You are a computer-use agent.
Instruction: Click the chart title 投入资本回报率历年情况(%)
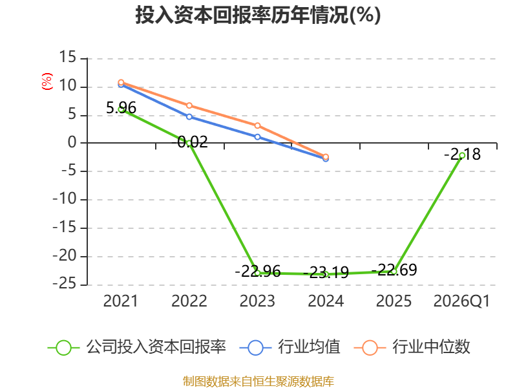point(258,15)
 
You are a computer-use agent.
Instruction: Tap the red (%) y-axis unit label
point(47,81)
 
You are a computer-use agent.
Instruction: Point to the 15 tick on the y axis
point(68,57)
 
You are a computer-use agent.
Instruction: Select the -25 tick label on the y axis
point(65,284)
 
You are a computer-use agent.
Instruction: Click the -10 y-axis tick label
point(65,199)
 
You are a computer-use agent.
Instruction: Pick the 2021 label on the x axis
point(120,301)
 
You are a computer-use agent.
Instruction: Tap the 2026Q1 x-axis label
point(461,301)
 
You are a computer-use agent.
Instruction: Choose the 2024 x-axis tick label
point(326,301)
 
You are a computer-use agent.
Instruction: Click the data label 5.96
point(121,108)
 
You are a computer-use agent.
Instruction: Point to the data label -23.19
point(326,273)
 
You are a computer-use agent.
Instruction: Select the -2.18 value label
point(462,155)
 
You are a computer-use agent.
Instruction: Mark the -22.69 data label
point(394,270)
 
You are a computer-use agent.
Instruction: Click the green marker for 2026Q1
point(462,155)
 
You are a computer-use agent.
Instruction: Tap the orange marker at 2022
point(189,105)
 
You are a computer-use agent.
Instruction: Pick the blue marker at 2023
point(257,137)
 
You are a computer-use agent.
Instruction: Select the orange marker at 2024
point(326,156)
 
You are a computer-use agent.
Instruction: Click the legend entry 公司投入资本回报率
point(137,347)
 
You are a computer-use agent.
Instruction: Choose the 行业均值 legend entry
point(290,347)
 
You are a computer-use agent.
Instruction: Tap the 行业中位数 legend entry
point(412,347)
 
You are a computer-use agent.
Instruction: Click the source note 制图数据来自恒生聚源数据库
point(258,382)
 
